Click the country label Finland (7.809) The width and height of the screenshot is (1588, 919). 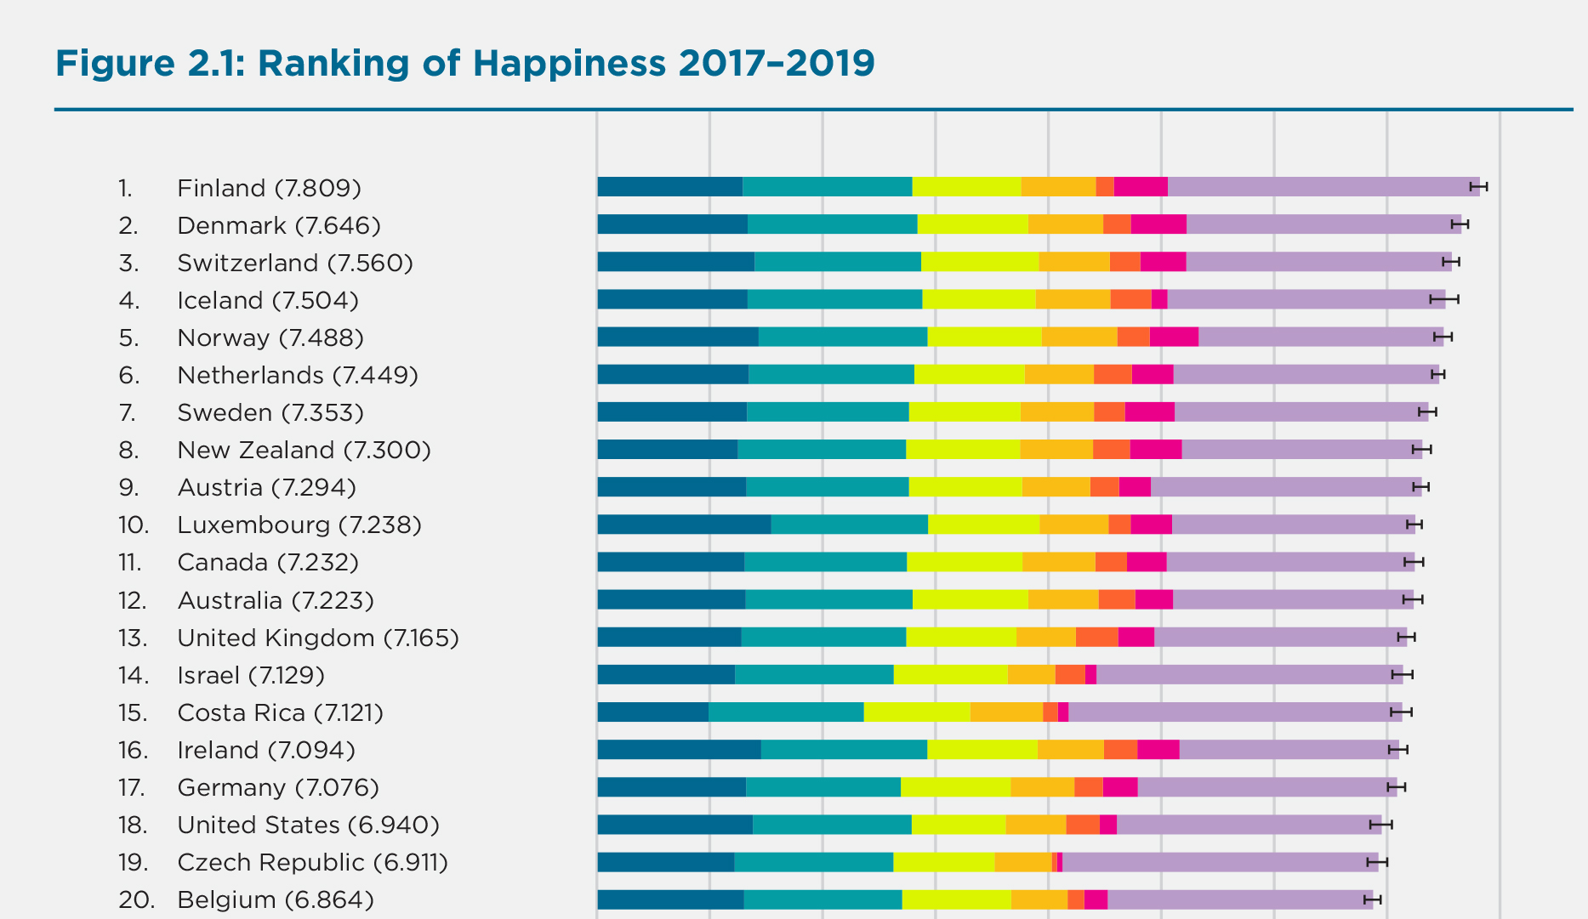click(269, 188)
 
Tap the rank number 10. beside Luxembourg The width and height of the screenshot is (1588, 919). click(134, 525)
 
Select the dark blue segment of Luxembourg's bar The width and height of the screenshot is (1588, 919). click(684, 525)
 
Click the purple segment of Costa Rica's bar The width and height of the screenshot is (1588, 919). click(1234, 712)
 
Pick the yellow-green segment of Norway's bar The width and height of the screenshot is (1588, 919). click(984, 337)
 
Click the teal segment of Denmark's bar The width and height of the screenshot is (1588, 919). click(832, 224)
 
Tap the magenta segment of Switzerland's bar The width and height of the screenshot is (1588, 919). click(1163, 262)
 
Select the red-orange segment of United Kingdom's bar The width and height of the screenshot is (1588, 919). click(1096, 637)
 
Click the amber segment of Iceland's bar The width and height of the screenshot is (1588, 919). click(1073, 299)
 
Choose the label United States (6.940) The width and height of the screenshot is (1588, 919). click(308, 825)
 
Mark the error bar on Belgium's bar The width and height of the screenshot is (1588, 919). click(1372, 899)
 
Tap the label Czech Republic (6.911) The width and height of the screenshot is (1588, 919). click(312, 862)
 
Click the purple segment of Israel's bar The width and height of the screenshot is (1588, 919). click(1249, 674)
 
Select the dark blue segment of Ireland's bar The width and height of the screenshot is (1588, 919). click(679, 749)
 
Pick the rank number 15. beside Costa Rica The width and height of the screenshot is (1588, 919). click(134, 712)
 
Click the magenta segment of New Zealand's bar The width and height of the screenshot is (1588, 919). click(1155, 449)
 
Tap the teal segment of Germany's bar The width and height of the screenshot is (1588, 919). click(822, 786)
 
